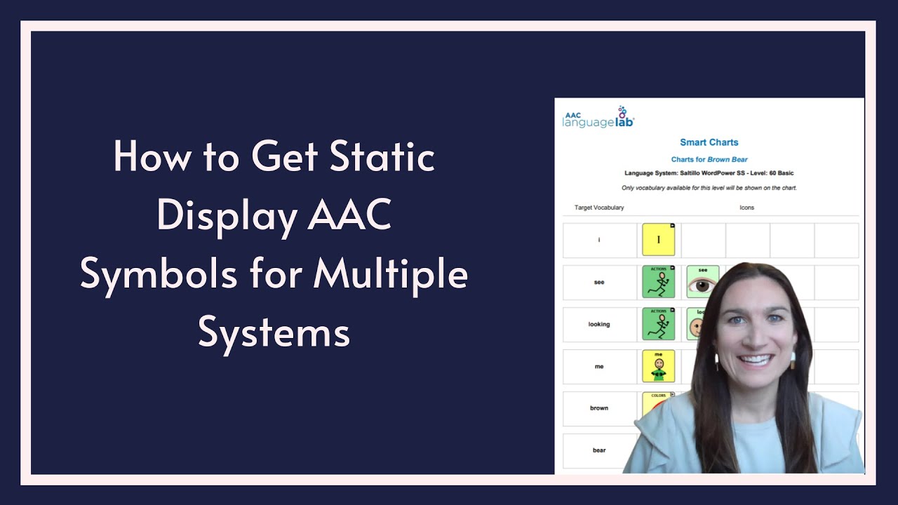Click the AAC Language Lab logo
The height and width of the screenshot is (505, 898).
[x=598, y=118]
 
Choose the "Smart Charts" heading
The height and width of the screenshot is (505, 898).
[x=709, y=142]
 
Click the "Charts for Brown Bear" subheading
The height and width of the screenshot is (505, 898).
[x=709, y=160]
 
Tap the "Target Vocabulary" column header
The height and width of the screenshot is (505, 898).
[x=598, y=208]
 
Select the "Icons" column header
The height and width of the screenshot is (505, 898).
[x=746, y=208]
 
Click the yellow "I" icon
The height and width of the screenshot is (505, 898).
[x=658, y=240]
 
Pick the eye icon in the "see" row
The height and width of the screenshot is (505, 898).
[x=702, y=282]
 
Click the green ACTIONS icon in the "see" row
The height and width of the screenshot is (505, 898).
[x=658, y=282]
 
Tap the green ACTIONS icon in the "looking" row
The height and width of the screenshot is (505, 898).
[x=658, y=324]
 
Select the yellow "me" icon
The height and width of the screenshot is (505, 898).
[x=658, y=366]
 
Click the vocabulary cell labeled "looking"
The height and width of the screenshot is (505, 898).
[x=599, y=324]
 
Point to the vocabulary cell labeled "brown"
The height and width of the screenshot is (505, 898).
[x=599, y=408]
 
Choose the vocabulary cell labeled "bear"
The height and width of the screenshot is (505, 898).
[x=599, y=450]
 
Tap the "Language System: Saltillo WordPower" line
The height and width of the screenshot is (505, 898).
[x=709, y=173]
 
